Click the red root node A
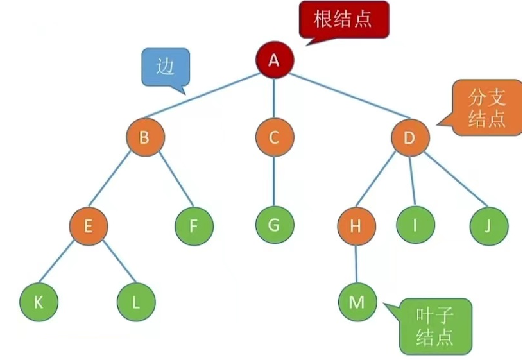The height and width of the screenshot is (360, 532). [274, 60]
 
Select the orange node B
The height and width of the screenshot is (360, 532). [145, 137]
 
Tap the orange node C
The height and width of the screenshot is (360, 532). [274, 137]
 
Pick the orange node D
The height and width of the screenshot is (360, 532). [409, 137]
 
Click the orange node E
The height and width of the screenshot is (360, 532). [89, 226]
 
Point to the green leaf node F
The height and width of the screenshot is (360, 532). [194, 226]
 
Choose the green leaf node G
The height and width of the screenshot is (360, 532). [274, 226]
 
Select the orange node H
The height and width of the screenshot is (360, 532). [357, 226]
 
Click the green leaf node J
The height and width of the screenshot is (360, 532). [488, 226]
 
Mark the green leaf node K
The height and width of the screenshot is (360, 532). [39, 302]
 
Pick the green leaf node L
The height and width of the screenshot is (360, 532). [136, 302]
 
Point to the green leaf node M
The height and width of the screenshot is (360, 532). [357, 302]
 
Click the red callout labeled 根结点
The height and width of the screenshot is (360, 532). [343, 20]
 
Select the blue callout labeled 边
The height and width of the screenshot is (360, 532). [166, 67]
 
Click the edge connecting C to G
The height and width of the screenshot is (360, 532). [274, 182]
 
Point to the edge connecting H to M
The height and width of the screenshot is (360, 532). [357, 264]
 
